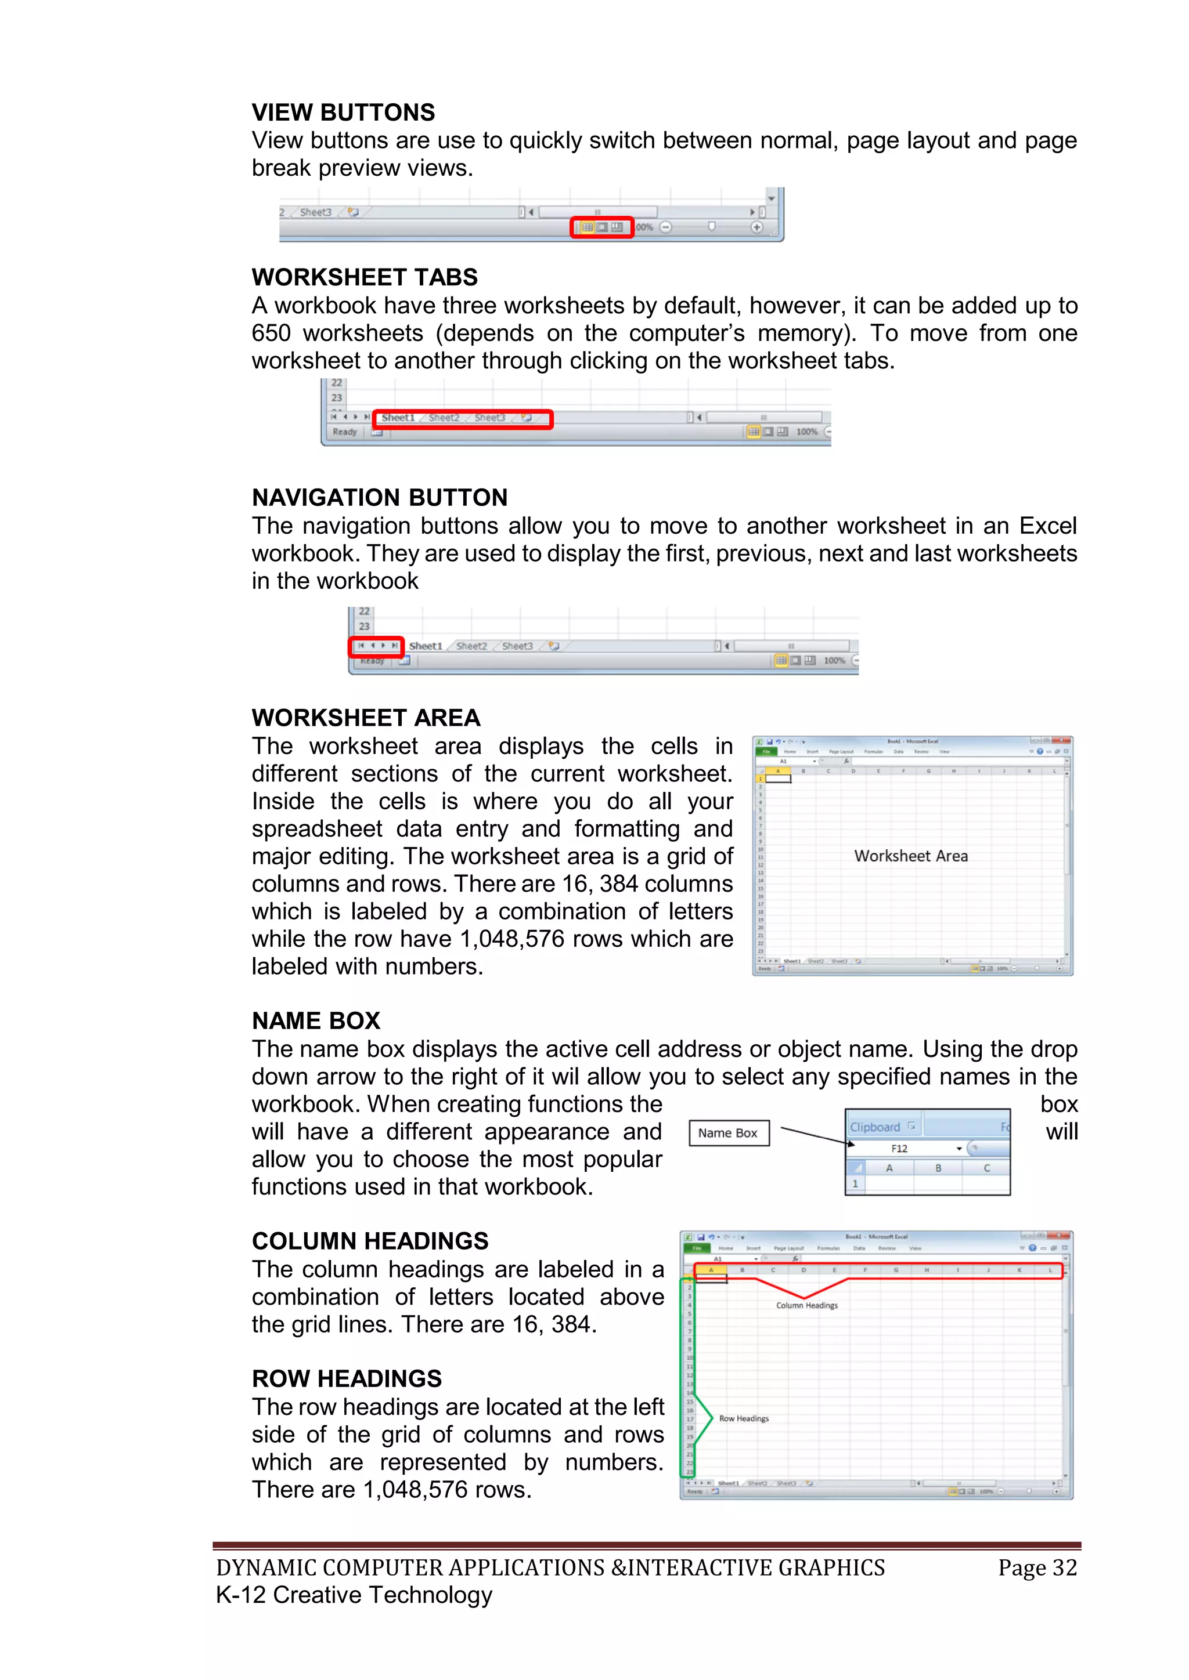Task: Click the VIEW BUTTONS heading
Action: click(x=343, y=113)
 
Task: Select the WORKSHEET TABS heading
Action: click(x=365, y=277)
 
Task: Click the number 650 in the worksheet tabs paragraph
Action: click(x=271, y=334)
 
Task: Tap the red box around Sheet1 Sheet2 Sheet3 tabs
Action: click(x=463, y=418)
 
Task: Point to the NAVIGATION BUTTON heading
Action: click(x=379, y=498)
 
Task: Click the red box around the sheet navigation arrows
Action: click(x=376, y=646)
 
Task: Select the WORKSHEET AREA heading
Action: click(x=366, y=718)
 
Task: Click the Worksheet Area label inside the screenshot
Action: click(x=911, y=856)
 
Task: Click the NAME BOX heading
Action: click(x=316, y=1021)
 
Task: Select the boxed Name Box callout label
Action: click(x=729, y=1133)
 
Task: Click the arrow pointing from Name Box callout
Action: click(x=814, y=1136)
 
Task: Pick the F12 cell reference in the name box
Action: click(x=899, y=1149)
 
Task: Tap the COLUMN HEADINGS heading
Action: click(x=370, y=1241)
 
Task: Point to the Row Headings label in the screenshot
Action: click(x=744, y=1418)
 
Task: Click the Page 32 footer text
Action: click(x=1037, y=1567)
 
